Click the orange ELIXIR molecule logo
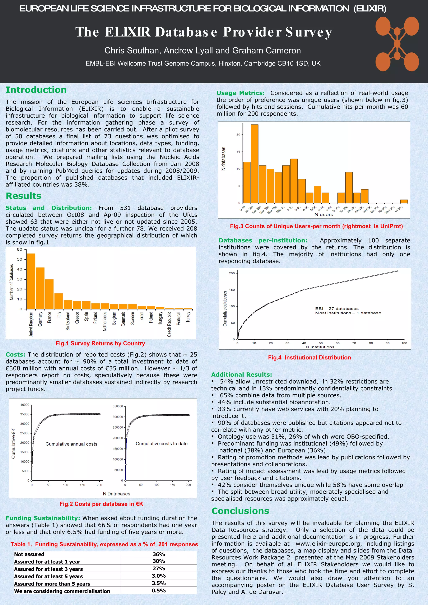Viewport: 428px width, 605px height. click(x=397, y=44)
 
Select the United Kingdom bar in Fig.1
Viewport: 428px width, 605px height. click(x=31, y=281)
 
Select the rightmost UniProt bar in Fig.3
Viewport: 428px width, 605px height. click(x=404, y=201)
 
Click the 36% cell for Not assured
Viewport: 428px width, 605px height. click(x=159, y=554)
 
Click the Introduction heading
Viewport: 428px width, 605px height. click(x=36, y=90)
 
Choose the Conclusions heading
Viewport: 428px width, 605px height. click(x=240, y=511)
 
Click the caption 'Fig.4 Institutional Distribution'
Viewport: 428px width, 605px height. click(x=310, y=358)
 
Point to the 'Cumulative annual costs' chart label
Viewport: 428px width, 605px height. click(x=71, y=444)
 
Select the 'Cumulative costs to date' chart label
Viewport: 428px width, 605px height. click(x=162, y=444)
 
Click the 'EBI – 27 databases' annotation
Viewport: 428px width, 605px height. click(x=336, y=309)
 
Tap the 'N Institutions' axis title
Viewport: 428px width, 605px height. click(x=320, y=347)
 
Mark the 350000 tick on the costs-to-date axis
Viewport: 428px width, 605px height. click(x=118, y=406)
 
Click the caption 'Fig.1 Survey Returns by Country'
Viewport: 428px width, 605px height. click(x=100, y=343)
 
